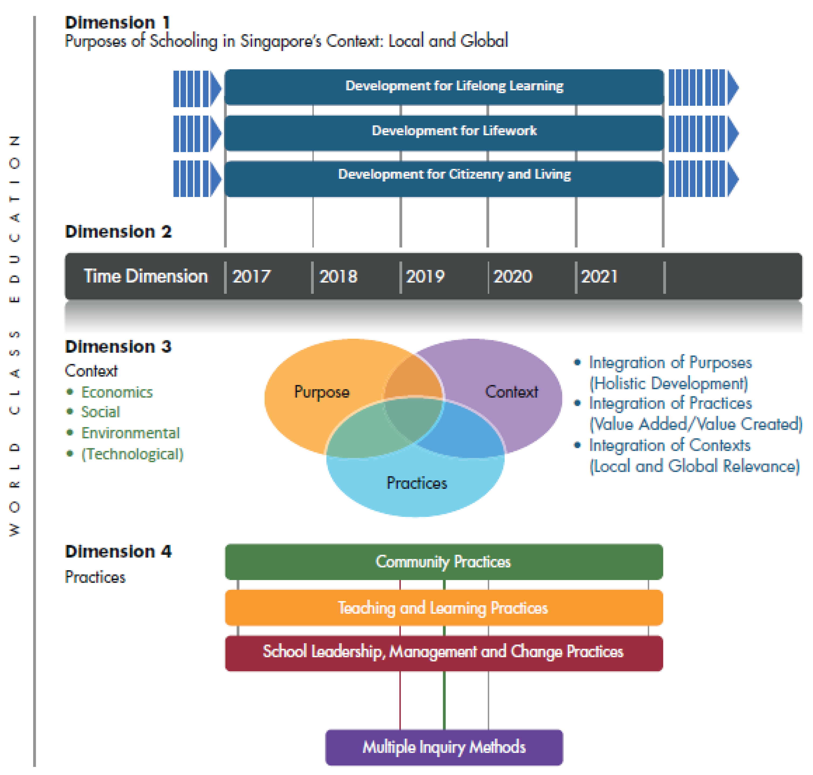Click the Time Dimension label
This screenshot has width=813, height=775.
146,276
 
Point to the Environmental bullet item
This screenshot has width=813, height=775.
130,433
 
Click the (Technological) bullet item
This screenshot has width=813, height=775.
132,454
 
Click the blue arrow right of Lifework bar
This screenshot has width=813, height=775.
703,133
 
